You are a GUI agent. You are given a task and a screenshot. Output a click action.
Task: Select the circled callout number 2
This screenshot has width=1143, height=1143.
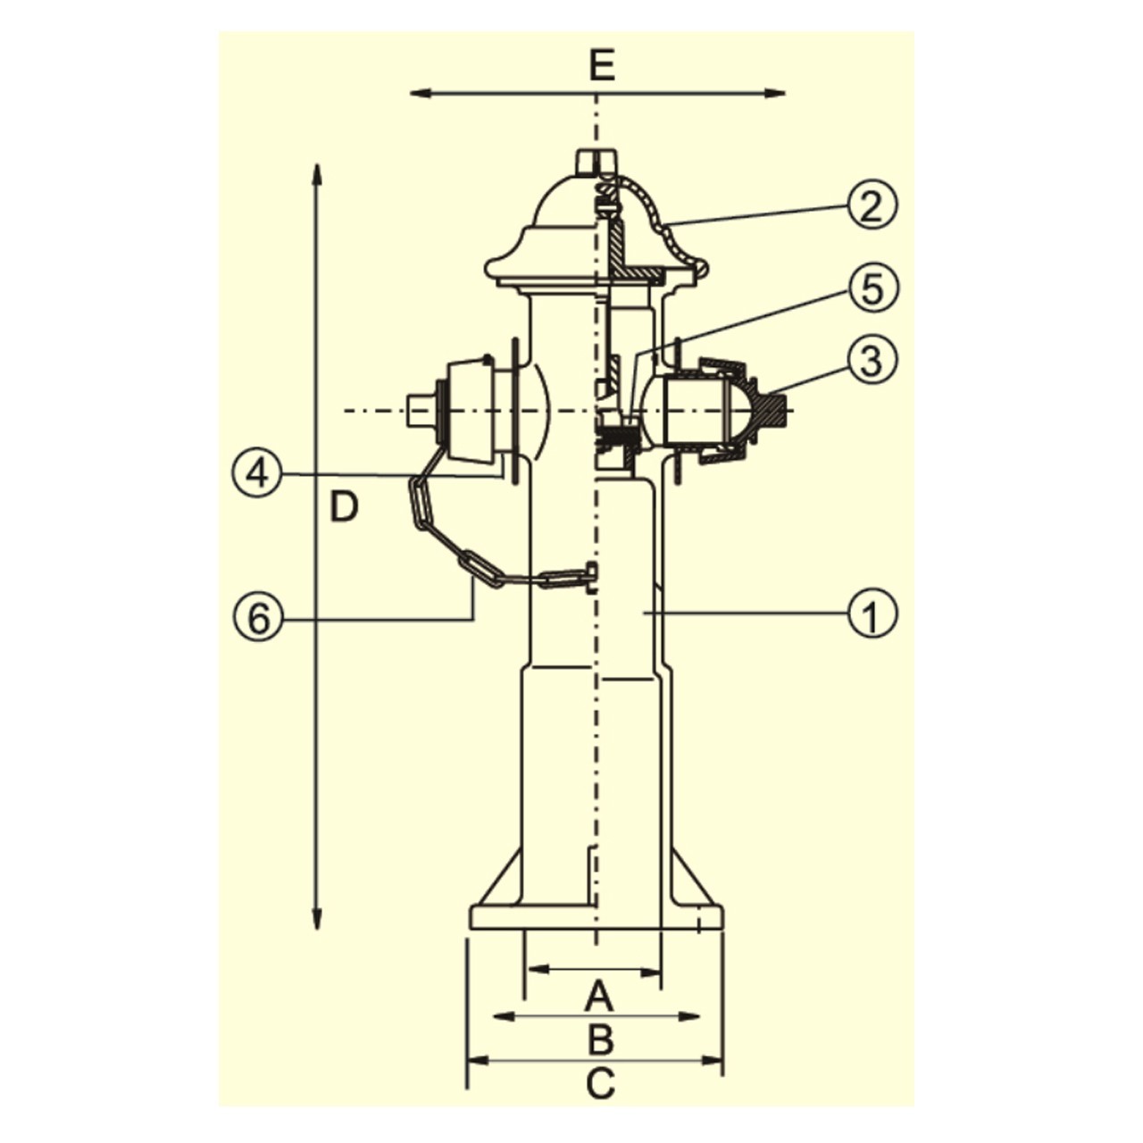point(872,205)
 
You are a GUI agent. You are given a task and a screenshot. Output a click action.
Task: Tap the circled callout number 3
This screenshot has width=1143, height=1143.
point(872,360)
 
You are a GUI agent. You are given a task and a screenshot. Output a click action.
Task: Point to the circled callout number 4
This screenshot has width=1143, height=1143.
point(256,474)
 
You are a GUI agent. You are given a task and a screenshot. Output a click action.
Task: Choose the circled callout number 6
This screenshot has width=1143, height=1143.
point(256,618)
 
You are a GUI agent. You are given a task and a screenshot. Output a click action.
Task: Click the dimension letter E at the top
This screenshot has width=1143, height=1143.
point(602,65)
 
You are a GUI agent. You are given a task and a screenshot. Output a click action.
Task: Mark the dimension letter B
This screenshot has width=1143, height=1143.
point(600,1038)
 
